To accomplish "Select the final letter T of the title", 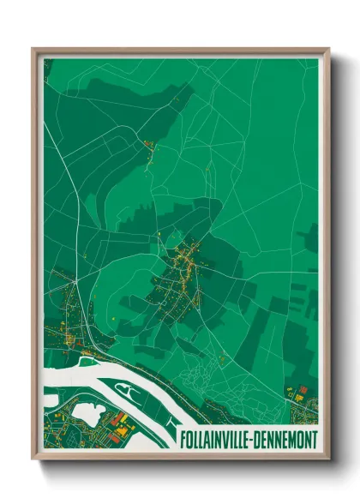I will pos(315,438).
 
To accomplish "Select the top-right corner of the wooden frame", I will pos(327,50).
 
